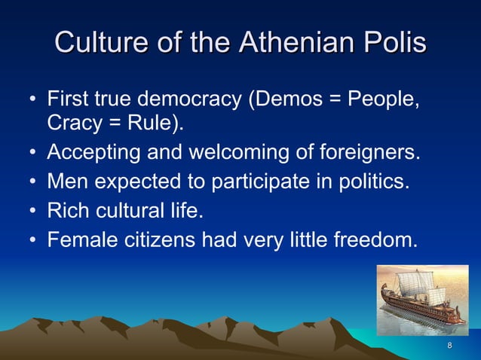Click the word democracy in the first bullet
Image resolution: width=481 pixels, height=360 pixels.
click(191, 99)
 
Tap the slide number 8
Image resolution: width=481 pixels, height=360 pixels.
click(450, 346)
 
